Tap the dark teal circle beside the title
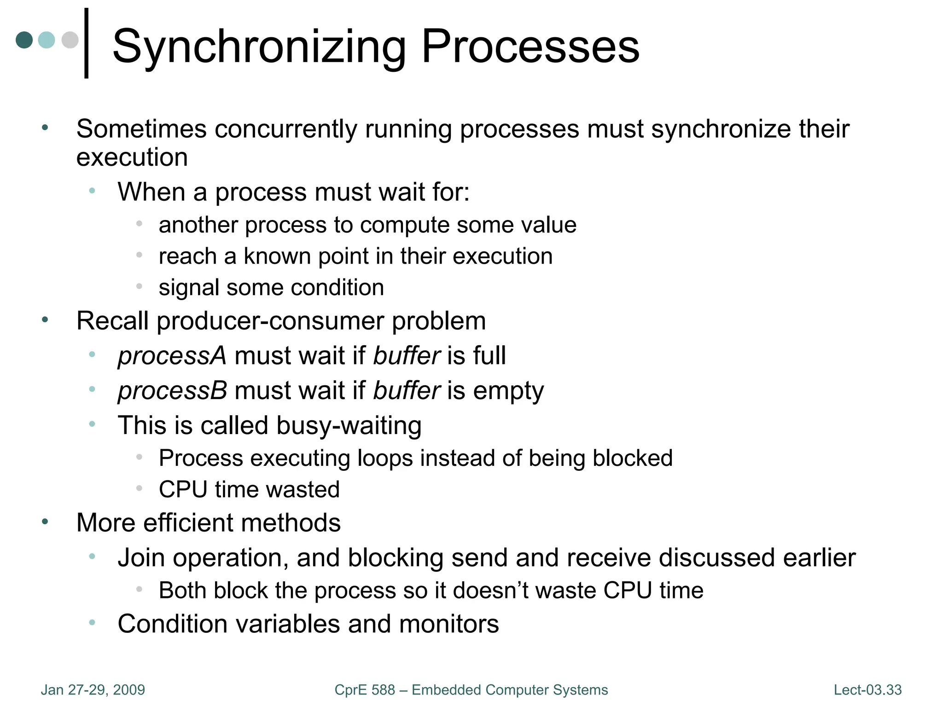coord(24,40)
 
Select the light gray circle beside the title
coord(70,40)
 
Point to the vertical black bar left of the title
coord(87,43)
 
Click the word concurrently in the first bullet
coord(285,129)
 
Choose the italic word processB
coord(172,391)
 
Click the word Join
coord(141,558)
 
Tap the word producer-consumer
coord(270,321)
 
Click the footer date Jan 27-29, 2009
coord(93,690)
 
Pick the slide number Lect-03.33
coord(867,690)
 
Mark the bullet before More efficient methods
coord(45,522)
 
